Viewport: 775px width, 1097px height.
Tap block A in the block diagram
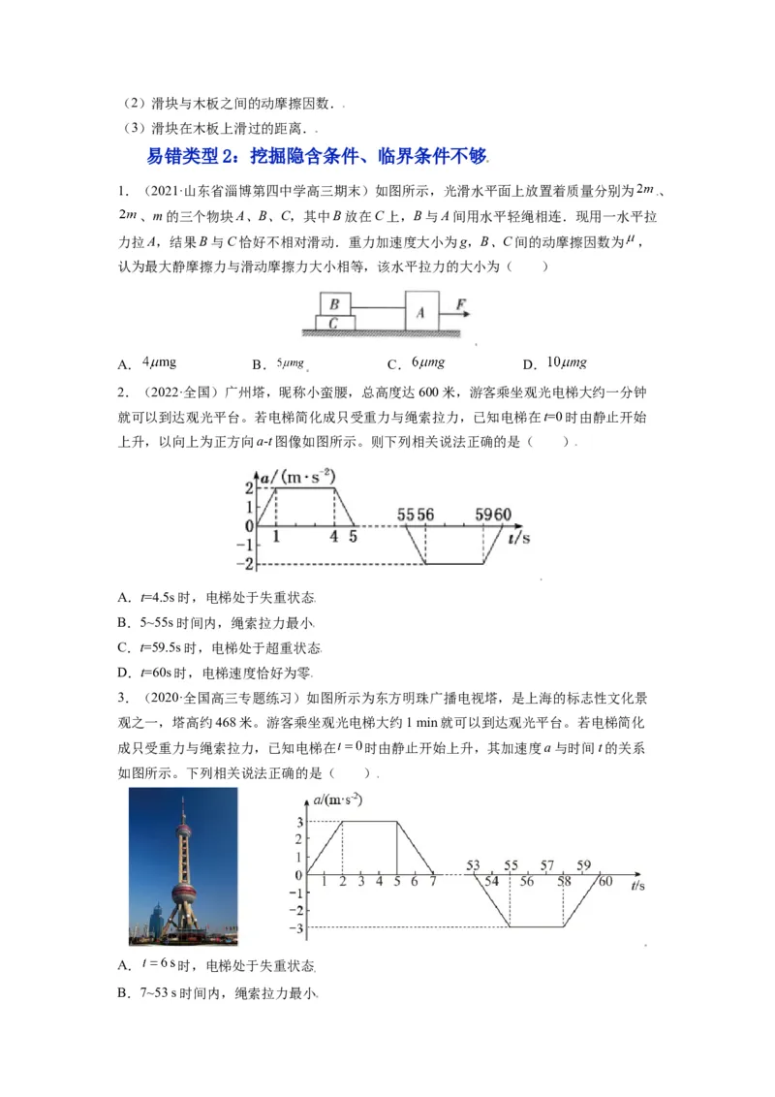click(x=420, y=312)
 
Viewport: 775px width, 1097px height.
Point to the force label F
click(x=461, y=305)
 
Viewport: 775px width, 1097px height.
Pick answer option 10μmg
click(x=567, y=363)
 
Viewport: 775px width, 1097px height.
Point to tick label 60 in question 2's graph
click(x=502, y=515)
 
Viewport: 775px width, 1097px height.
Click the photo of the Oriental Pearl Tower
click(x=182, y=865)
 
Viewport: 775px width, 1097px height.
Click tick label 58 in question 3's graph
click(x=565, y=883)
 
